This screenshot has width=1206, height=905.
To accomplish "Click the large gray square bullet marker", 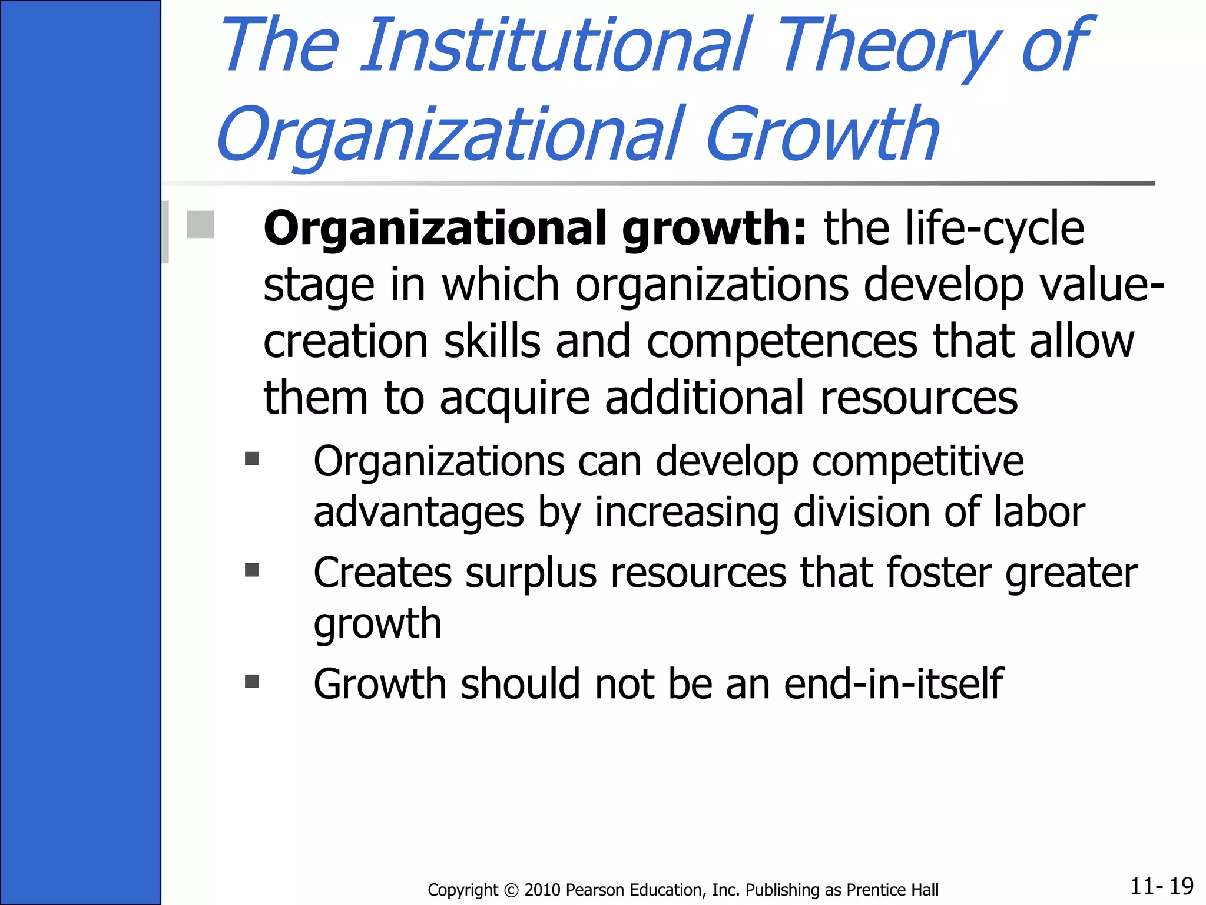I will point(200,224).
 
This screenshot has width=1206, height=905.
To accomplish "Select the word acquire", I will point(515,399).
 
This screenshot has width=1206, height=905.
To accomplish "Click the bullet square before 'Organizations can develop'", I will point(252,458).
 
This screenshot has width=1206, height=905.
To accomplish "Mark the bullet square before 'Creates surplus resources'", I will point(252,570).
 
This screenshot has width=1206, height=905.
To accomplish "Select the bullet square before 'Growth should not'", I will point(252,682).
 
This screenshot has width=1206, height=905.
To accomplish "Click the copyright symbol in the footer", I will point(511,890).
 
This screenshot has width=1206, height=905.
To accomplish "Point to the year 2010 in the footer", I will point(542,890).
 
